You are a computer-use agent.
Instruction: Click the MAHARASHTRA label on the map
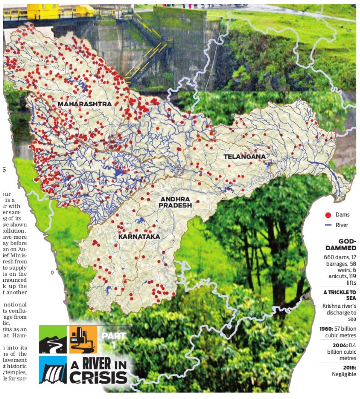(x=85, y=104)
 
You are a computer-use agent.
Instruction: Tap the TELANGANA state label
(x=244, y=157)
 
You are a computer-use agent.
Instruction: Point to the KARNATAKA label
(x=139, y=237)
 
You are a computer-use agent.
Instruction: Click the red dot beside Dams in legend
(x=328, y=215)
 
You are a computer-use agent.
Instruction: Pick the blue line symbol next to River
(x=328, y=225)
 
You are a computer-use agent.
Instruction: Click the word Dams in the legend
(x=342, y=215)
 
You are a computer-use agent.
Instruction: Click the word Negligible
(x=344, y=374)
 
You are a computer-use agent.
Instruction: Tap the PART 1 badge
(x=113, y=340)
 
